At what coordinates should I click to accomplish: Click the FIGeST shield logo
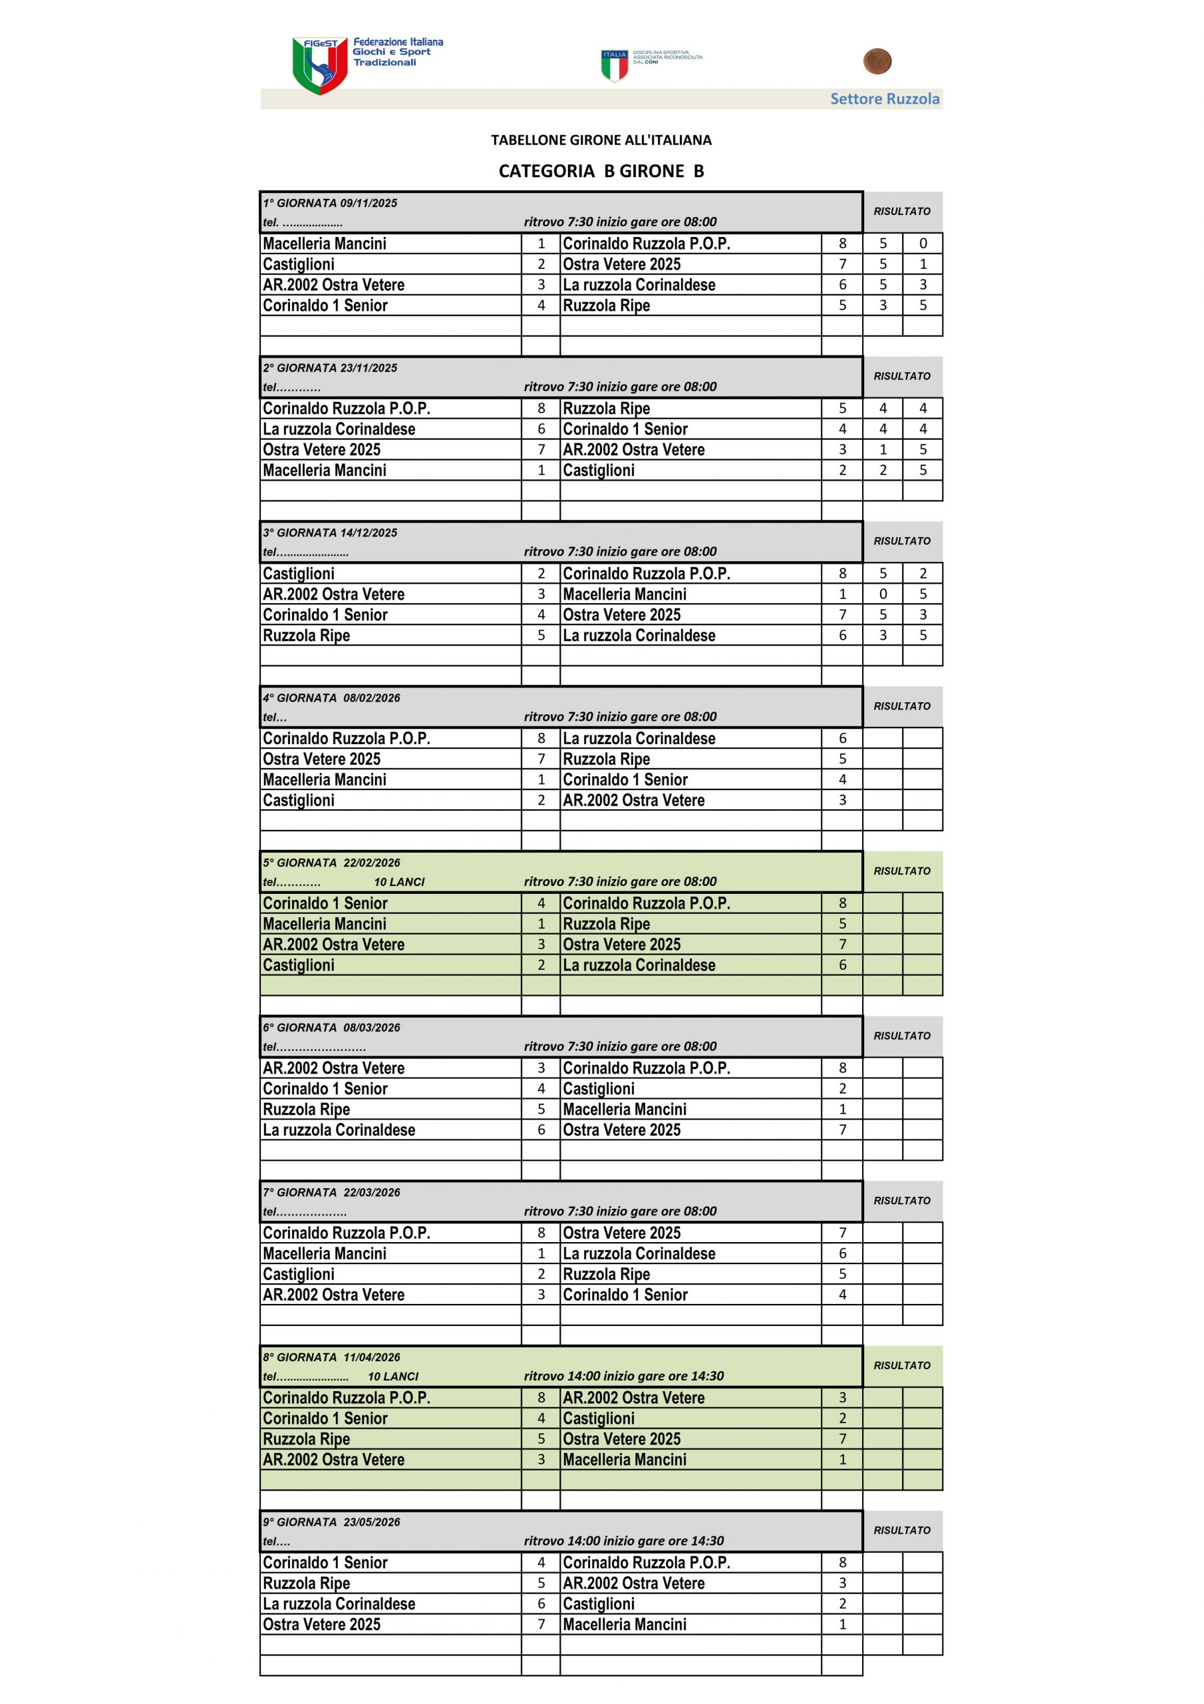pyautogui.click(x=320, y=66)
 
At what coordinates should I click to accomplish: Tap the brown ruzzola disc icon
pyautogui.click(x=877, y=62)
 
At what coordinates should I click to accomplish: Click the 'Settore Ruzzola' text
pyautogui.click(x=884, y=99)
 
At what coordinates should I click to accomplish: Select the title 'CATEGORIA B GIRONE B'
pyautogui.click(x=601, y=172)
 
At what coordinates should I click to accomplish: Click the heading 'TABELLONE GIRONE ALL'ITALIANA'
pyautogui.click(x=601, y=140)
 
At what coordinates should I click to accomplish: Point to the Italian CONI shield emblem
pyautogui.click(x=614, y=65)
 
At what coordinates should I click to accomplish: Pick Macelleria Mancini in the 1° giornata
pyautogui.click(x=324, y=244)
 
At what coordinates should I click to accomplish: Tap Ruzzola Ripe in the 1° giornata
pyautogui.click(x=606, y=306)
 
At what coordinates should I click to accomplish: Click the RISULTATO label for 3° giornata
pyautogui.click(x=901, y=541)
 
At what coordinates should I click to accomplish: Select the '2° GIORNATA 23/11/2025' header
pyautogui.click(x=330, y=368)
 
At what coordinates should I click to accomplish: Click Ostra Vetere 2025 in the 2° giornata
pyautogui.click(x=321, y=450)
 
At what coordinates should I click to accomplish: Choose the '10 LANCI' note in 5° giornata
pyautogui.click(x=399, y=883)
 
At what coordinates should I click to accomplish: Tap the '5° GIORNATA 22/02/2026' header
pyautogui.click(x=332, y=863)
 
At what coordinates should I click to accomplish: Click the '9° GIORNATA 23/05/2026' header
pyautogui.click(x=332, y=1522)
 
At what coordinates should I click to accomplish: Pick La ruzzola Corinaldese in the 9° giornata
pyautogui.click(x=339, y=1603)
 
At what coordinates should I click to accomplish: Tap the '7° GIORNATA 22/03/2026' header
pyautogui.click(x=332, y=1193)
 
